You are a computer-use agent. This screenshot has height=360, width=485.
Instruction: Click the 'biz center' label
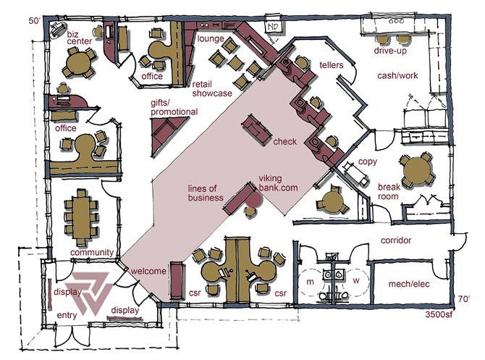[x=80, y=37]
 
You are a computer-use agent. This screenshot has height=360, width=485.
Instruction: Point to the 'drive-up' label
[x=389, y=51]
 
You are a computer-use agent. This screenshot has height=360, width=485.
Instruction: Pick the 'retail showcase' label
[x=212, y=88]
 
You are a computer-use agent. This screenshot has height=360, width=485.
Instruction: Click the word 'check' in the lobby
[x=284, y=142]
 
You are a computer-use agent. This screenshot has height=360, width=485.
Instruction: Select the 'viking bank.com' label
[x=279, y=183]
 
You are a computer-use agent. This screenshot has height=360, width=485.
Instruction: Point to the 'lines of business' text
[x=206, y=192]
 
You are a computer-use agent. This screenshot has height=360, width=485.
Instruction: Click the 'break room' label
[x=389, y=191]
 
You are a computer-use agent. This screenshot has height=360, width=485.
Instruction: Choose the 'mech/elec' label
[x=410, y=284]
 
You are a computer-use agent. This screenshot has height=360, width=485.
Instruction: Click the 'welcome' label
[x=148, y=271]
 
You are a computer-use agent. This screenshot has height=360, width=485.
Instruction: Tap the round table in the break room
[x=417, y=172]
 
